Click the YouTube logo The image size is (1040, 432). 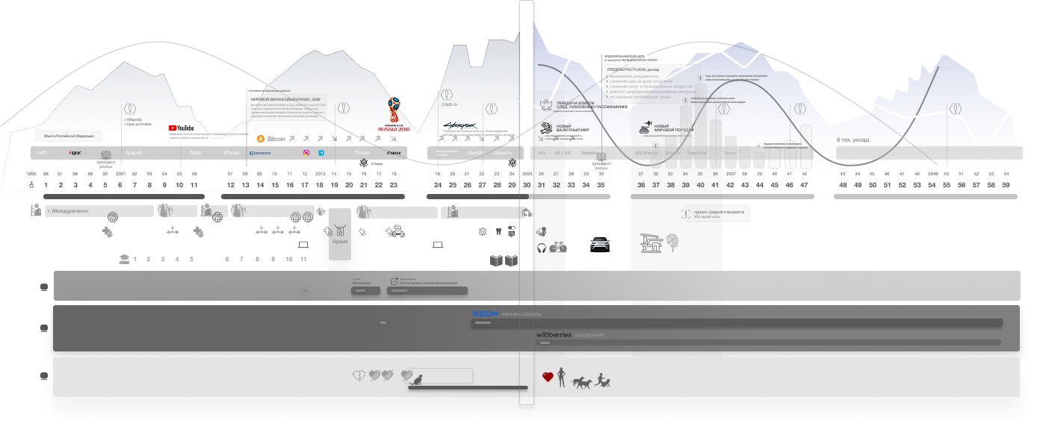point(180,128)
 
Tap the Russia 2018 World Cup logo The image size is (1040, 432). point(394,115)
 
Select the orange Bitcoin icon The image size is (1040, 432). point(261,139)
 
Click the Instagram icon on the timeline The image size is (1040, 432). point(306,153)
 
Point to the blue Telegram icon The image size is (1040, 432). point(321,153)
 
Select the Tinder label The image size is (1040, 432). point(362,152)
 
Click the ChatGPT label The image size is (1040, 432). point(476,152)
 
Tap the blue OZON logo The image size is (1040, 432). point(485,313)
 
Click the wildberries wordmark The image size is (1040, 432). point(554,335)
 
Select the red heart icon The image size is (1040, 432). point(548,378)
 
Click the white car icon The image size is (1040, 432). point(599,243)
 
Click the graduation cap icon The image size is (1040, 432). point(123,259)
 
